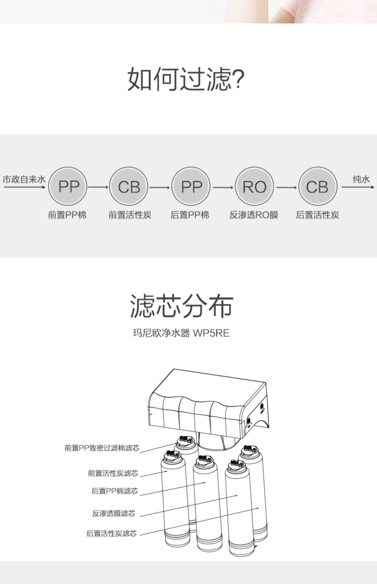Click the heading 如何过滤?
click(x=186, y=78)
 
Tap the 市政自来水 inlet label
click(x=24, y=180)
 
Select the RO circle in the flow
click(x=254, y=187)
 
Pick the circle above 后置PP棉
click(x=191, y=187)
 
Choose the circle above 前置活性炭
click(x=129, y=187)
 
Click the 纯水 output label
click(x=361, y=179)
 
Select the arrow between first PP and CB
click(x=98, y=187)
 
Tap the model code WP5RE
click(x=211, y=333)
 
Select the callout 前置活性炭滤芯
click(x=113, y=473)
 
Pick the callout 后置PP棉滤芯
click(x=115, y=491)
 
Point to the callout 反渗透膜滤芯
click(x=114, y=513)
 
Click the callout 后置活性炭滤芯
click(x=111, y=533)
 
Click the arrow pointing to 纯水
click(x=358, y=187)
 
